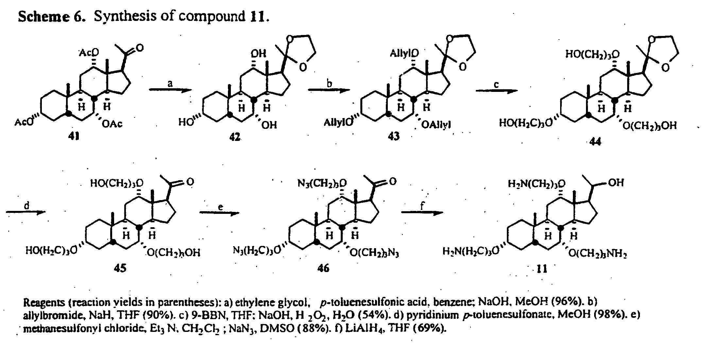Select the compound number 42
[x=234, y=137]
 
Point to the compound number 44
[x=595, y=142]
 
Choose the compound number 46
[x=323, y=268]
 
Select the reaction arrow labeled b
[x=329, y=90]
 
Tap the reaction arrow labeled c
[x=496, y=91]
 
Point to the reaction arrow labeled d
[x=26, y=212]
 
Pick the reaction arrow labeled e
[x=219, y=213]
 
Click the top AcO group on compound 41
[x=89, y=52]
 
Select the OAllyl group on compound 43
[x=436, y=125]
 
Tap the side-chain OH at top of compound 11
[x=616, y=182]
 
